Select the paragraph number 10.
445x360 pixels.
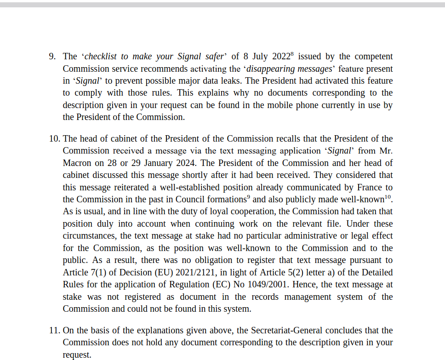coord(54,139)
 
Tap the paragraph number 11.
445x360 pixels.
coord(54,331)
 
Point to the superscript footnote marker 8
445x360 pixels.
coord(292,54)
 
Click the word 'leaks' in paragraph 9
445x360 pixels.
coord(245,81)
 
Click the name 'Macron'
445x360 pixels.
coord(77,163)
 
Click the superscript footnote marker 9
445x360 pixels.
coord(248,197)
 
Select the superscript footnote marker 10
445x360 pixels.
coord(388,197)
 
